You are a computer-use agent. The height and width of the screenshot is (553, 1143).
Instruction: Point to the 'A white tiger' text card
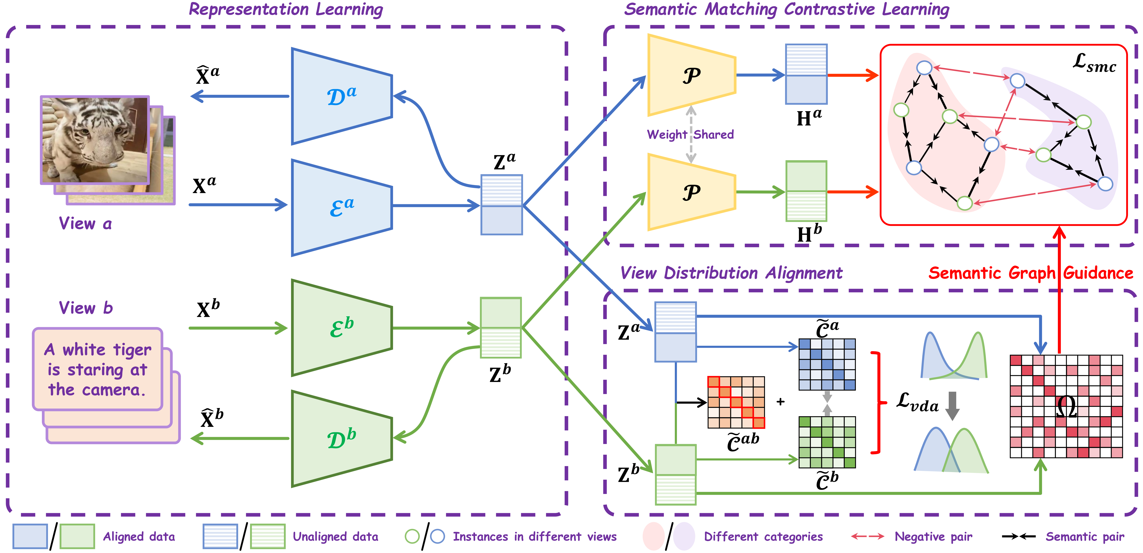pyautogui.click(x=98, y=369)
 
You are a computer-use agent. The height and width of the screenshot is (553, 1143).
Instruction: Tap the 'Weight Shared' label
pyautogui.click(x=690, y=134)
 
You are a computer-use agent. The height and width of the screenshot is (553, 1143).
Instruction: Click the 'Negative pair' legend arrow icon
pyautogui.click(x=867, y=537)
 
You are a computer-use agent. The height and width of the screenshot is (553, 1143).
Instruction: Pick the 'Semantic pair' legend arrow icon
pyautogui.click(x=1018, y=537)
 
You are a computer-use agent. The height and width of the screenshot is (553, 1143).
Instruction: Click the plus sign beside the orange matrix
pyautogui.click(x=780, y=402)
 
